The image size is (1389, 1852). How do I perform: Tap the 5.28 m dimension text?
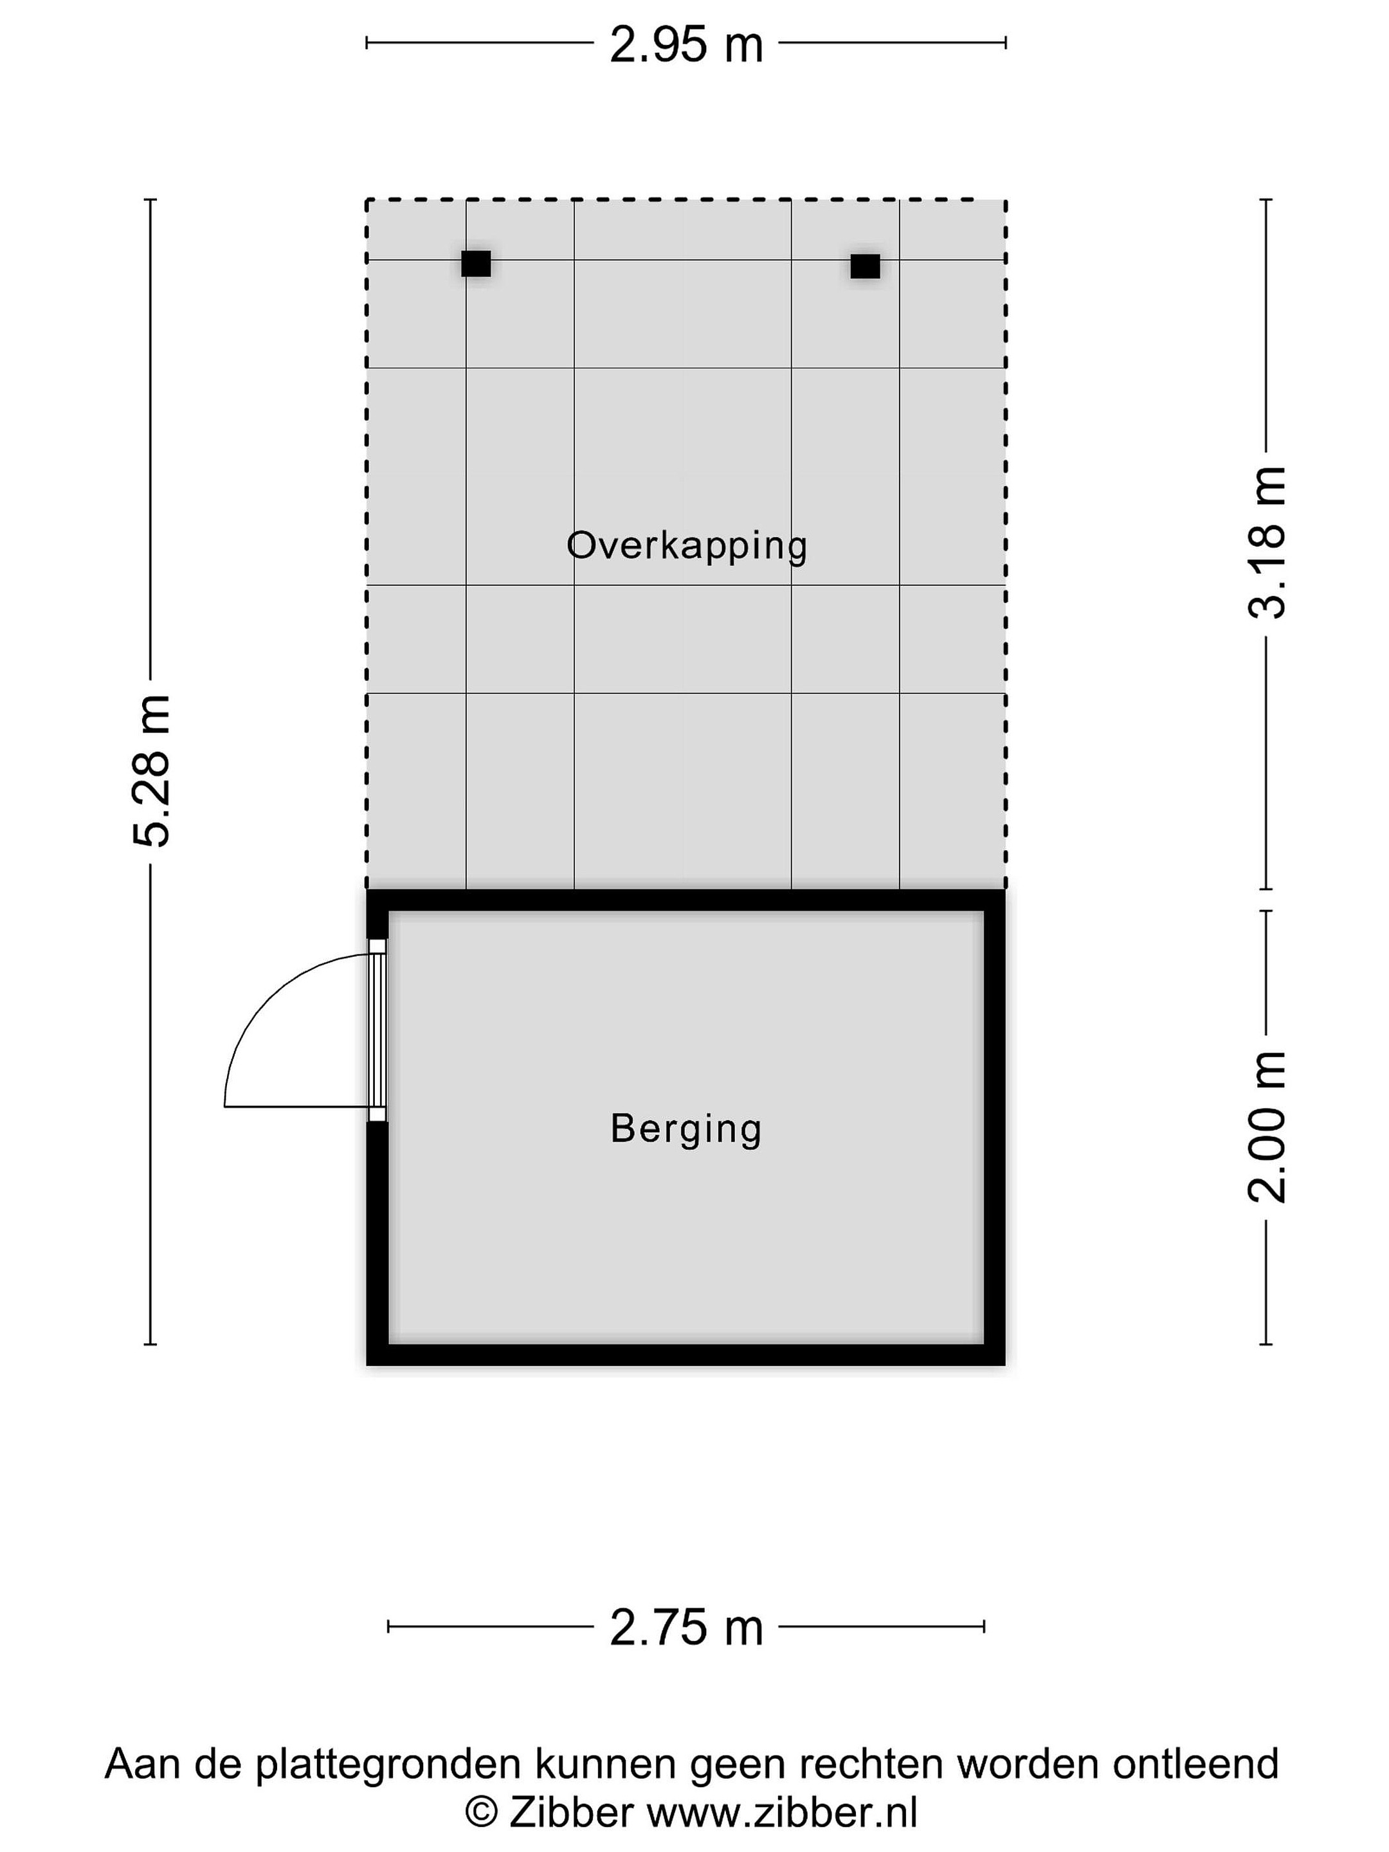152,770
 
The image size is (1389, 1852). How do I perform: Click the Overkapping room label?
687,547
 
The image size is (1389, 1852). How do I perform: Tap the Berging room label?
685,1129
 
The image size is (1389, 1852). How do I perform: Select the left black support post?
477,264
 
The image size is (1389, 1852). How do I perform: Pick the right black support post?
865,266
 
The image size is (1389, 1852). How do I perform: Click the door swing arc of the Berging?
268,996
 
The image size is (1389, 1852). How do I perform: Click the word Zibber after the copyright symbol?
571,1813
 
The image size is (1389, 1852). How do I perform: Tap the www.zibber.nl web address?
782,1813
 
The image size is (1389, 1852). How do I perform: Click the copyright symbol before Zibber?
482,1814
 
